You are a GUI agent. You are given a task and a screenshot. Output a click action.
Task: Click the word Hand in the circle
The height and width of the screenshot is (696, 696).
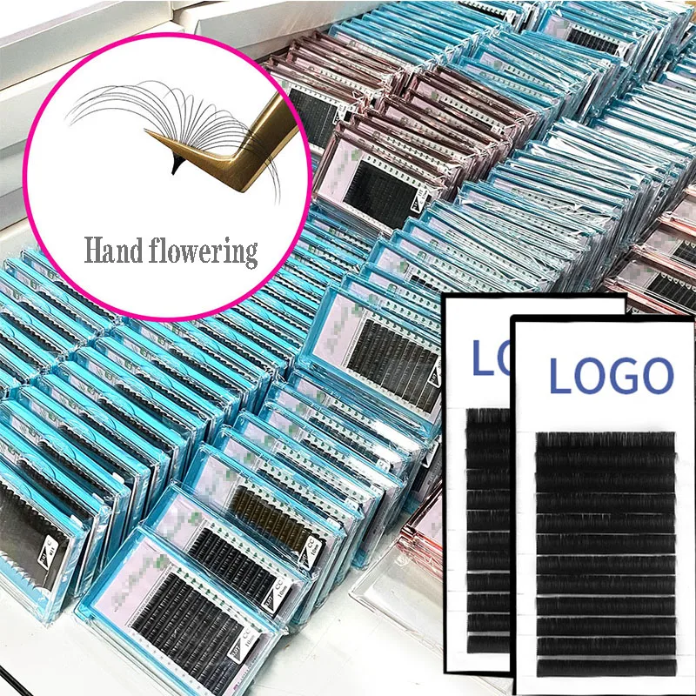(x=112, y=251)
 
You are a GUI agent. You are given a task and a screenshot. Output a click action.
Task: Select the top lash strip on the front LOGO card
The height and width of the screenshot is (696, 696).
(x=605, y=439)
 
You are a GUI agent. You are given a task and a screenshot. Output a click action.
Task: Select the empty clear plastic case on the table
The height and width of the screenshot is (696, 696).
(x=391, y=600)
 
